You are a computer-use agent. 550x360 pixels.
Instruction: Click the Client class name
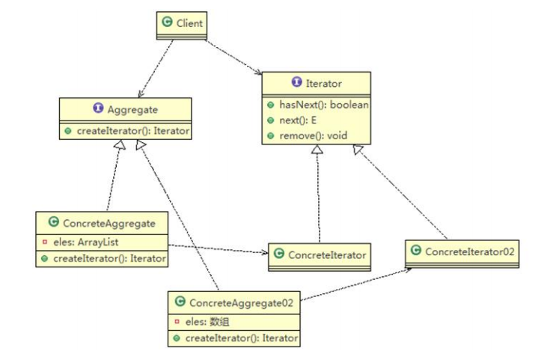[x=189, y=23]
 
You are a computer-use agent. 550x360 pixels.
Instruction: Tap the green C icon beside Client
[x=168, y=22]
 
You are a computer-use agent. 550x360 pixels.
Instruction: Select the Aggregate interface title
[x=132, y=110]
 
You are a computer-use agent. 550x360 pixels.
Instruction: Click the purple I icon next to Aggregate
[x=98, y=108]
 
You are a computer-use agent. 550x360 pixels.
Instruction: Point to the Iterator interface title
[x=324, y=84]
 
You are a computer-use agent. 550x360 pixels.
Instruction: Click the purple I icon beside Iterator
[x=297, y=82]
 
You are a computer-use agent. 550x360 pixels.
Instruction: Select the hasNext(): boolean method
[x=324, y=105]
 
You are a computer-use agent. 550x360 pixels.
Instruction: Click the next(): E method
[x=298, y=120]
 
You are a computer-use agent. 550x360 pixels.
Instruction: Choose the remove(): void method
[x=314, y=135]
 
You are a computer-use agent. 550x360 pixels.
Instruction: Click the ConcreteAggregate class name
[x=109, y=224]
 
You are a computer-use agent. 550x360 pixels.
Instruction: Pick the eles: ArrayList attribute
[x=85, y=242]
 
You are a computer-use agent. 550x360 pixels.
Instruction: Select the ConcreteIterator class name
[x=327, y=255]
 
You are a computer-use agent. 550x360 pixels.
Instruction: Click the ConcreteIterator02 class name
[x=470, y=251]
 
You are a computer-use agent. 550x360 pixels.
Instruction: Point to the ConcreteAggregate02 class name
[x=241, y=303]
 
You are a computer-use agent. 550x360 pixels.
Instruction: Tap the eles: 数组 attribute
[x=207, y=322]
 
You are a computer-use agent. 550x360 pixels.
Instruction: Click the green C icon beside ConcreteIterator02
[x=415, y=250]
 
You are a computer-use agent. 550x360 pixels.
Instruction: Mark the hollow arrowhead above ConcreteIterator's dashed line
[x=317, y=149]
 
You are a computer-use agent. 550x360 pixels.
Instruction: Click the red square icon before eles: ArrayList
[x=45, y=242]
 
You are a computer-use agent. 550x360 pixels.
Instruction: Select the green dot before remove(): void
[x=270, y=135]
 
